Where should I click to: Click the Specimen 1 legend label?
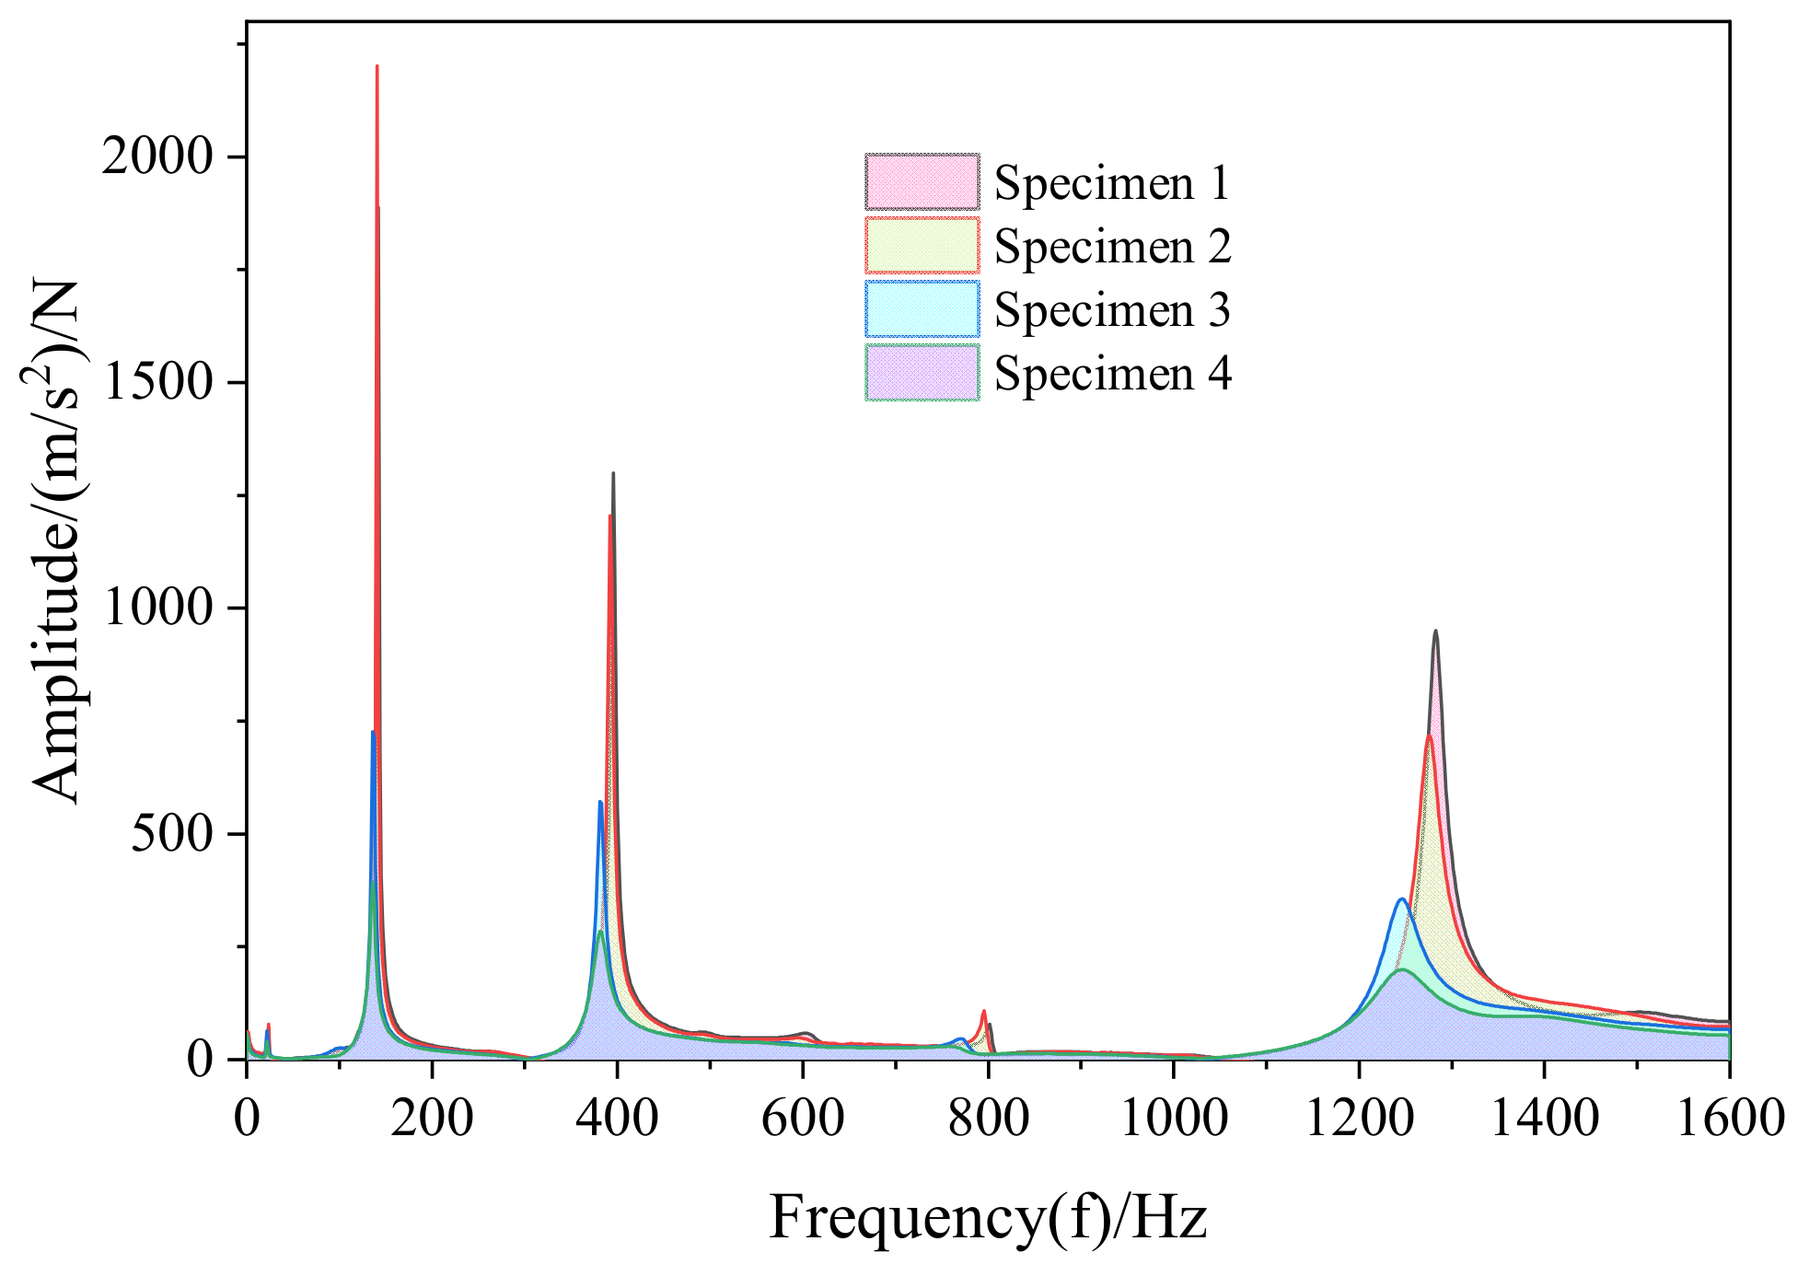[1111, 182]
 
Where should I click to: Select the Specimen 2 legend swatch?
[922, 246]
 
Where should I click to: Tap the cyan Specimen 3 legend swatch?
[922, 309]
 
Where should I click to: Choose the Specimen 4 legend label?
[1111, 373]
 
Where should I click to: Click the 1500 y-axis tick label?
[158, 382]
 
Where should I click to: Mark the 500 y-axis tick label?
[171, 834]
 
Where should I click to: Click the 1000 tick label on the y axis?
[158, 608]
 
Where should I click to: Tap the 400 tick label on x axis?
[617, 1119]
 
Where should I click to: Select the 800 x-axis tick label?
[988, 1119]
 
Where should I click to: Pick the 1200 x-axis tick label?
[1358, 1119]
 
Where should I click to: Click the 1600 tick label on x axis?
[1729, 1119]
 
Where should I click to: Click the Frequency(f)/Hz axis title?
[987, 1217]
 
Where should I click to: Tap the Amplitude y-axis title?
[57, 541]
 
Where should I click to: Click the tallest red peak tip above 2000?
[377, 67]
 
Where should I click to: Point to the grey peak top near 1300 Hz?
[1435, 632]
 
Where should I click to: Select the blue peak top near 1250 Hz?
[1401, 899]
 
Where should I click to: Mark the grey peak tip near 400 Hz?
[613, 474]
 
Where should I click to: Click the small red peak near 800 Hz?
[984, 1011]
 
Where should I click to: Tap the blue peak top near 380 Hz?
[600, 802]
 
